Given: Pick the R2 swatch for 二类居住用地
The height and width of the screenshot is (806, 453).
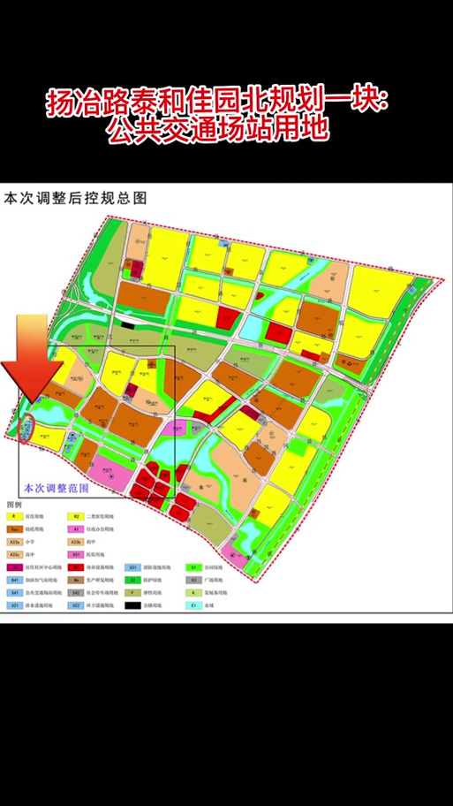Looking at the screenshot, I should pos(77,515).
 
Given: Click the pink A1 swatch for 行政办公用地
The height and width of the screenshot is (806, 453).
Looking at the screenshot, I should pos(77,528).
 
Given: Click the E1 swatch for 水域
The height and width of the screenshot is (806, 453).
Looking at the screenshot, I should pos(193,606).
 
